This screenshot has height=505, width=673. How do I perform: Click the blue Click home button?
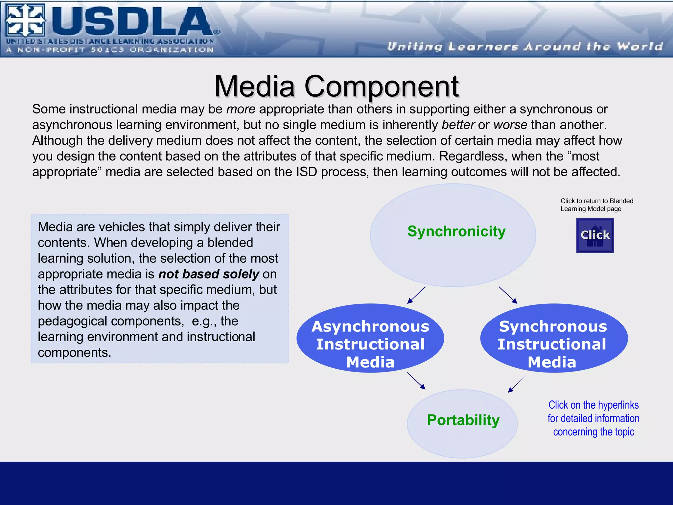point(595,235)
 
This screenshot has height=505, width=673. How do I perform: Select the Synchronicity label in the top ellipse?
point(456,231)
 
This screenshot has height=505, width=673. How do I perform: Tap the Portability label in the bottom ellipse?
point(463,420)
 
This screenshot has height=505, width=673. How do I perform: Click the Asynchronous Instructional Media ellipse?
point(370,339)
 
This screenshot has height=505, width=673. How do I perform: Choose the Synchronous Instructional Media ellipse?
point(553,339)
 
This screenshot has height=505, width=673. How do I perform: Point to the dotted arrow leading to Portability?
point(517,384)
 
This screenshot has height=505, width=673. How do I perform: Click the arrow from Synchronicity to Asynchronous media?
point(416,295)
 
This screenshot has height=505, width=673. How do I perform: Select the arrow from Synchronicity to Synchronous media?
point(508,295)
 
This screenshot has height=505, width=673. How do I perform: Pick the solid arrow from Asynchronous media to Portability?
point(416,381)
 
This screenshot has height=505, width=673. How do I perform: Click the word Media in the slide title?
point(255,86)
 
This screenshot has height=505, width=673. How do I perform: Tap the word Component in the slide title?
point(381,86)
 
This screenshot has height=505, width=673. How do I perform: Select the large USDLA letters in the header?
point(131,21)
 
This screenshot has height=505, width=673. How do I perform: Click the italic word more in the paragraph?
point(241,109)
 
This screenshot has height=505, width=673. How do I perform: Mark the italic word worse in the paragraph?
point(510,125)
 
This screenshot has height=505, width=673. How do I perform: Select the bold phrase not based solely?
point(209,274)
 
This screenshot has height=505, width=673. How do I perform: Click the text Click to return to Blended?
point(596,201)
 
